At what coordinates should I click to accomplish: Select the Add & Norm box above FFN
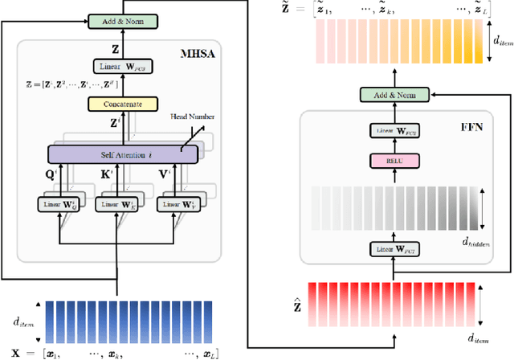tap(395, 96)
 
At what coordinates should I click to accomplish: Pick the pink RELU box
tap(395, 160)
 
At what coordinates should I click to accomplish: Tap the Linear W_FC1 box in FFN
tap(395, 250)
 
